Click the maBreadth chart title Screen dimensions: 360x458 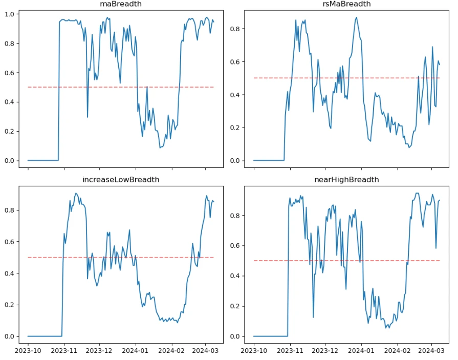(121, 4)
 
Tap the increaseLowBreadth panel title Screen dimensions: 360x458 (121, 180)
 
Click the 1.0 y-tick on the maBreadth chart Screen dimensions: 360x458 (10, 14)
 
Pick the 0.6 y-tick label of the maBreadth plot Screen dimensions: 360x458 (10, 73)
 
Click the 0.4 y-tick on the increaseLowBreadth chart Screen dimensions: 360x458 (10, 273)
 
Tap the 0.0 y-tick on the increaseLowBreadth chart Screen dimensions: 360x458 (10, 336)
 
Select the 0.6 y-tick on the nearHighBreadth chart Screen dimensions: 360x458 (236, 246)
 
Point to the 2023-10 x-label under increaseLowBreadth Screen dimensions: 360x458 (28, 350)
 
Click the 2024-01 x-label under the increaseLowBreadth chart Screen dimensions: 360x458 (136, 350)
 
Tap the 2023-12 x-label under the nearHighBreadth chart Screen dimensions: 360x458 (325, 350)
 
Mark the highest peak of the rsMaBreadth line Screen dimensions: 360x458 (357, 17)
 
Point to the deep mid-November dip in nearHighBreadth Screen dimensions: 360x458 (313, 317)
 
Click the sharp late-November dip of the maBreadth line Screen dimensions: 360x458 (88, 117)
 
